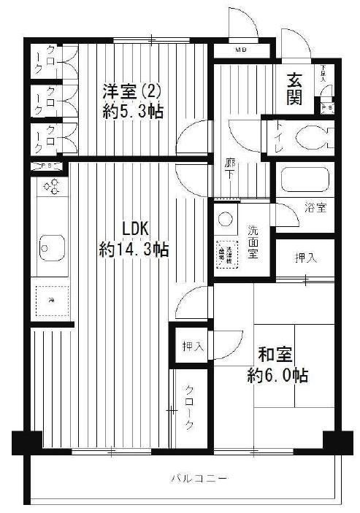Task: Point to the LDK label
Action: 135,228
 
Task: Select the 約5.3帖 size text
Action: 132,112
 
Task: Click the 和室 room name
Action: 275,355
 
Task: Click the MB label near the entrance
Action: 240,51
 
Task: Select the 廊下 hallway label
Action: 229,170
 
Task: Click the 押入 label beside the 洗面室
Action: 305,258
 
